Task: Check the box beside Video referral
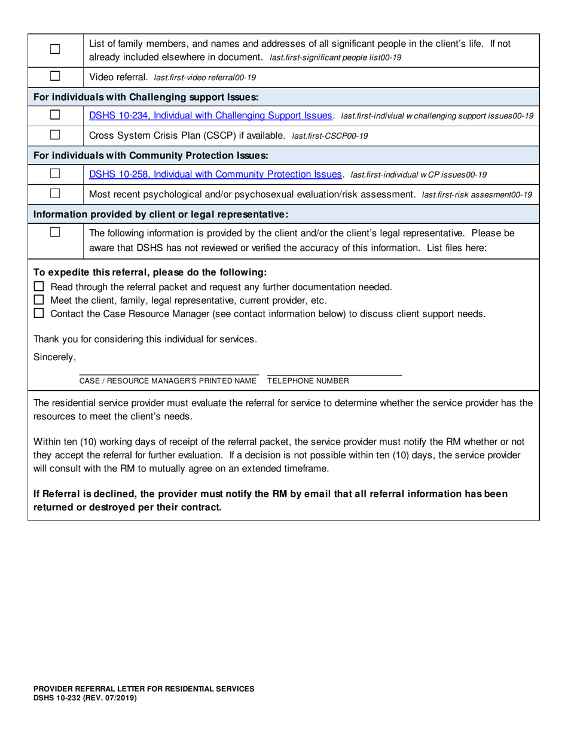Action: (55, 77)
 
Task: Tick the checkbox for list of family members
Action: (55, 50)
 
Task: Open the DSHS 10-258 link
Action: (216, 174)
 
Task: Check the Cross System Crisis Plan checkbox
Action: (55, 135)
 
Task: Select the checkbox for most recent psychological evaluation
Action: (55, 194)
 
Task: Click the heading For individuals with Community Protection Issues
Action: (150, 155)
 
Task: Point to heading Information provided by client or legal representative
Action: (161, 214)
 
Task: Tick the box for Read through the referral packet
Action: (39, 287)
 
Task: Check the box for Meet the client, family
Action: (39, 300)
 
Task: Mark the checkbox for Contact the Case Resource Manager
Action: (39, 313)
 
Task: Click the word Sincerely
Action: (54, 358)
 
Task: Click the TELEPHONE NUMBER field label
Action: (308, 381)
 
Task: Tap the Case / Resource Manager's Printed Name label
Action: (168, 381)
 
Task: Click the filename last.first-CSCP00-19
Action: (329, 136)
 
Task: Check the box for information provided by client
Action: (55, 232)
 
